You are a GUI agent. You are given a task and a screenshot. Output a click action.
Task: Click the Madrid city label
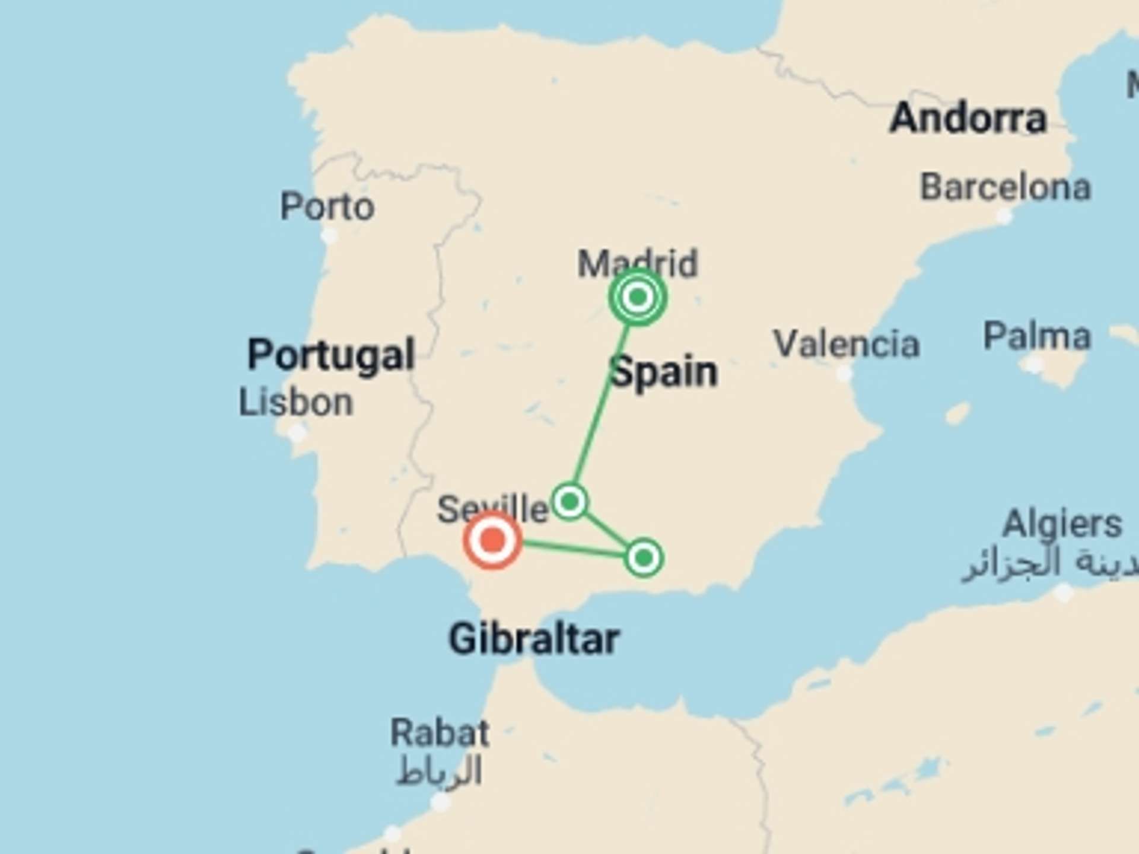[x=637, y=263]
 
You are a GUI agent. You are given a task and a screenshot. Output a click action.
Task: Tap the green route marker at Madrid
[x=638, y=297]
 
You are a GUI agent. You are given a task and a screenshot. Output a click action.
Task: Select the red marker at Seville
[x=492, y=540]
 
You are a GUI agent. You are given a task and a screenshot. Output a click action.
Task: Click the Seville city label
[x=492, y=509]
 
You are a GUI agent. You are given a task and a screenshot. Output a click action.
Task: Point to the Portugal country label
[x=330, y=355]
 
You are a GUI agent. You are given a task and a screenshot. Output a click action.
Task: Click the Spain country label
[x=664, y=372]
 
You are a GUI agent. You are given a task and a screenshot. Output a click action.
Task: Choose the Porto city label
[x=327, y=206]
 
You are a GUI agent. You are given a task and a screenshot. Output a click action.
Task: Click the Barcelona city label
[x=1005, y=188]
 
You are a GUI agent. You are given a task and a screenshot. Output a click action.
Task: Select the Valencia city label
[x=847, y=344]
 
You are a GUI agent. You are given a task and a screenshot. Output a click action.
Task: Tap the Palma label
[x=1037, y=336]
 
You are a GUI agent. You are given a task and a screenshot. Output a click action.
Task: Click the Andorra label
[x=968, y=118]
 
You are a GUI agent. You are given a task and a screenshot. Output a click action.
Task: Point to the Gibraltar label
[x=534, y=639]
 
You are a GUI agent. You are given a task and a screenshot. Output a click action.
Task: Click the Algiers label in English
[x=1062, y=524]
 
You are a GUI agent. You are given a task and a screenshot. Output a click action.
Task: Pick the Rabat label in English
[x=440, y=733]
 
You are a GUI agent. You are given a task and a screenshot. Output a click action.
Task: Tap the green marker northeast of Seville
[x=569, y=502]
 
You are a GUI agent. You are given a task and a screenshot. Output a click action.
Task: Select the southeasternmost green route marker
[x=644, y=557]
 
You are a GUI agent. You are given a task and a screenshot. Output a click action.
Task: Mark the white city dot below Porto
[x=329, y=237]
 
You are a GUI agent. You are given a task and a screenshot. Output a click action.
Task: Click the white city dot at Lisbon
[x=297, y=433]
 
